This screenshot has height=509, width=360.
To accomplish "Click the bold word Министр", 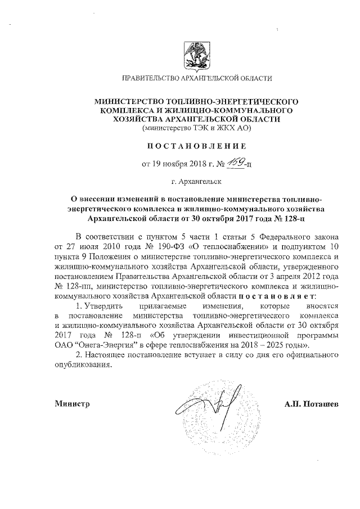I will pyautogui.click(x=73, y=403).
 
